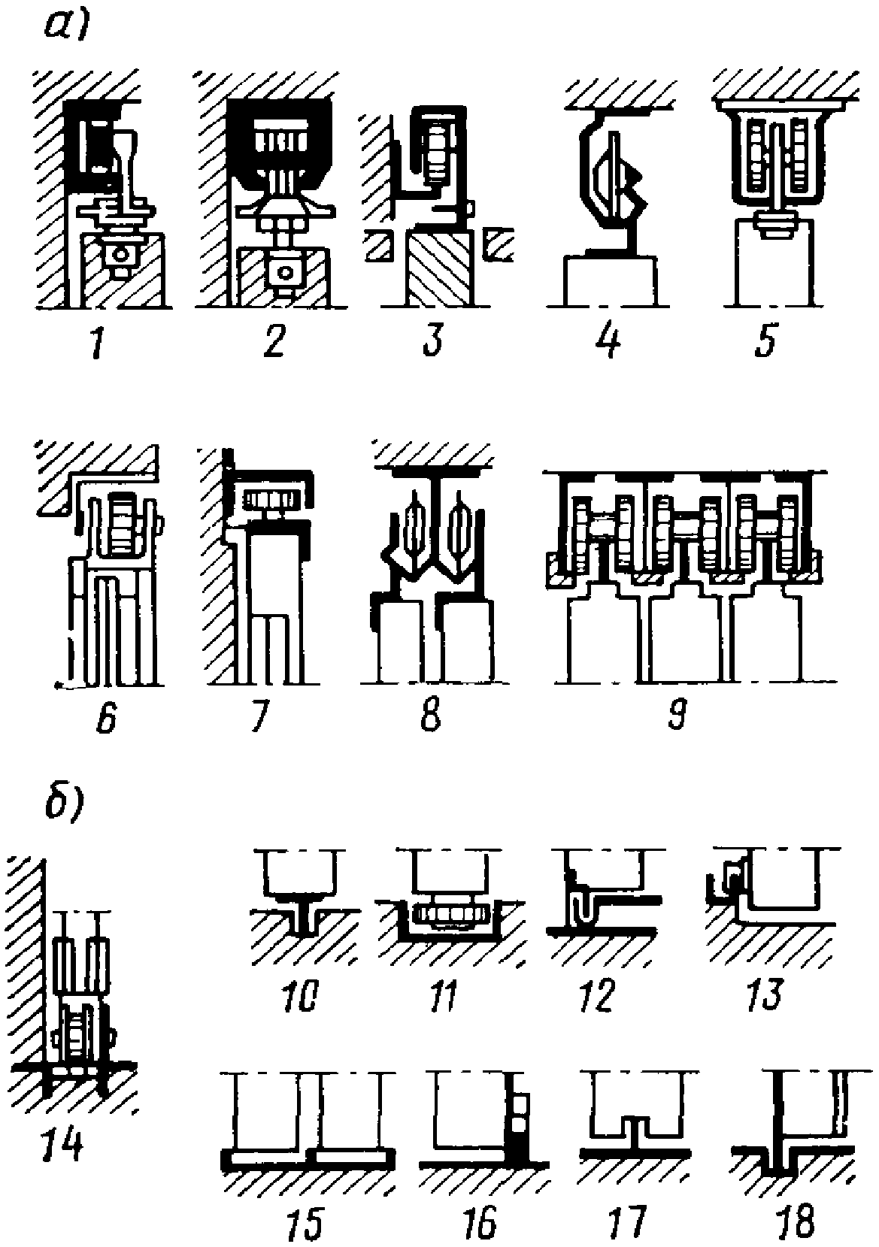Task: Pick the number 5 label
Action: tap(765, 339)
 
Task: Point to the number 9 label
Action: tap(677, 713)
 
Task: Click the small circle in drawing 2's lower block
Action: tap(285, 273)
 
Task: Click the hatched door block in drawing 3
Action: tap(440, 268)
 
